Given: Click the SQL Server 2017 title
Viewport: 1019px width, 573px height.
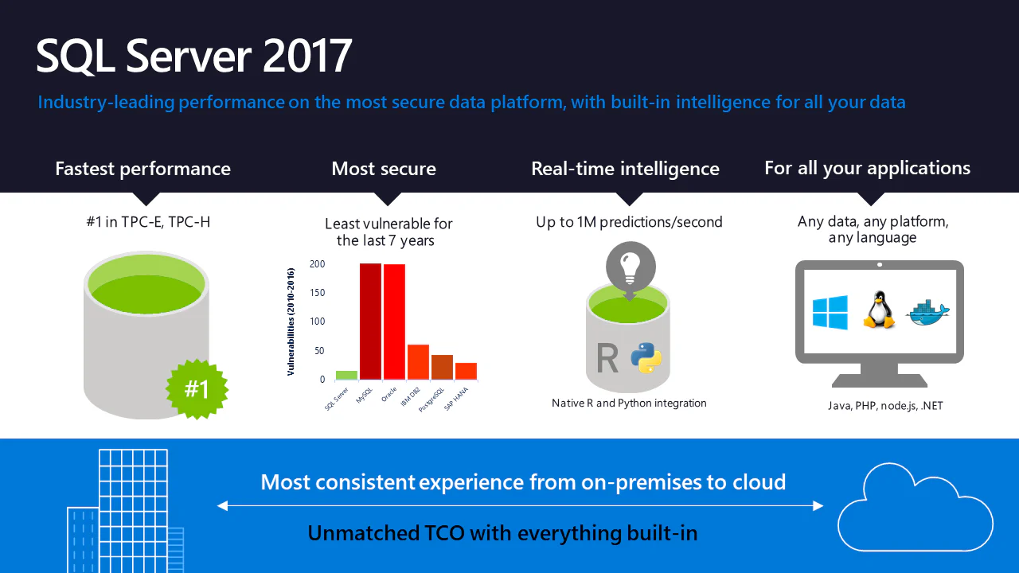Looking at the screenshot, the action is pyautogui.click(x=193, y=56).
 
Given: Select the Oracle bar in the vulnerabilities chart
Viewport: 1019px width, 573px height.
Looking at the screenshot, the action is pyautogui.click(x=394, y=322).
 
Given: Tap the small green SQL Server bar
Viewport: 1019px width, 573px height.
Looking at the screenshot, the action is pyautogui.click(x=346, y=375).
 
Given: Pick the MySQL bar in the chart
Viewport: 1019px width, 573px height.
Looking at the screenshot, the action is pyautogui.click(x=370, y=321).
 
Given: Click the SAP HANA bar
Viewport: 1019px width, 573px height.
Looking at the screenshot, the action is pyautogui.click(x=467, y=371).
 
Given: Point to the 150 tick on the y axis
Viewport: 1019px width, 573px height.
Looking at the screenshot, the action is pyautogui.click(x=318, y=293).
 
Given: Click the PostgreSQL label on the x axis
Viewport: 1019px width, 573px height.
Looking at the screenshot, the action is pyautogui.click(x=431, y=400).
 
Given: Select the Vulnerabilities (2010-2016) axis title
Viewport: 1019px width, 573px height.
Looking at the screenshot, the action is pyautogui.click(x=291, y=322).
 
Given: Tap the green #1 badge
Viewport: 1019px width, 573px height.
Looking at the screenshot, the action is pyautogui.click(x=197, y=389).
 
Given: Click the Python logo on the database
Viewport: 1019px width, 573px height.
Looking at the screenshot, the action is pyautogui.click(x=646, y=358).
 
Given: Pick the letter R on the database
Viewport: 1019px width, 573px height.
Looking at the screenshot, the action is pyautogui.click(x=607, y=358).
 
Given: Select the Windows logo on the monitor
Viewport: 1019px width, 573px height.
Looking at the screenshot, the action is pyautogui.click(x=830, y=312).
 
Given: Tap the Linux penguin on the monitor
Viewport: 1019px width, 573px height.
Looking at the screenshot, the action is pyautogui.click(x=879, y=310).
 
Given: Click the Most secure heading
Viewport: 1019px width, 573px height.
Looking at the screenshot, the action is pyautogui.click(x=384, y=169).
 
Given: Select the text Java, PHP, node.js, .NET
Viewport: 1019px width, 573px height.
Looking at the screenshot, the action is pyautogui.click(x=885, y=406).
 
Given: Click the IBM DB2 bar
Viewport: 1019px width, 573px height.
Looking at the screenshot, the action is pyautogui.click(x=418, y=362).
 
